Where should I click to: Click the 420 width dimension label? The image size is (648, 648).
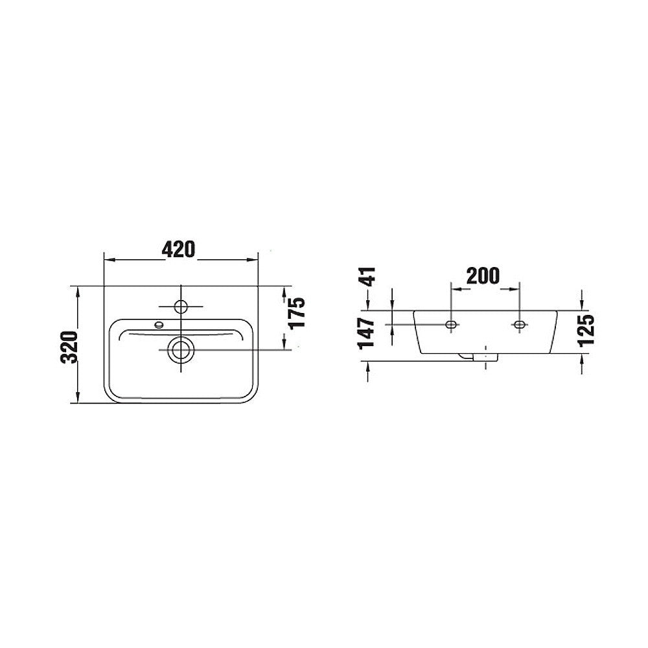(x=178, y=249)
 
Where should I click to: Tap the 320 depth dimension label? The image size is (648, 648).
(x=69, y=346)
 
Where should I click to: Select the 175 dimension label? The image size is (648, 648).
(x=297, y=312)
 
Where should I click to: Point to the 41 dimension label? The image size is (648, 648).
(x=367, y=277)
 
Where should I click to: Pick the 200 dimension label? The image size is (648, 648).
(x=483, y=275)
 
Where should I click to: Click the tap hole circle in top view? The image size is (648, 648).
(x=181, y=307)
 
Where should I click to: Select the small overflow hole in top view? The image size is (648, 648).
(x=158, y=325)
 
